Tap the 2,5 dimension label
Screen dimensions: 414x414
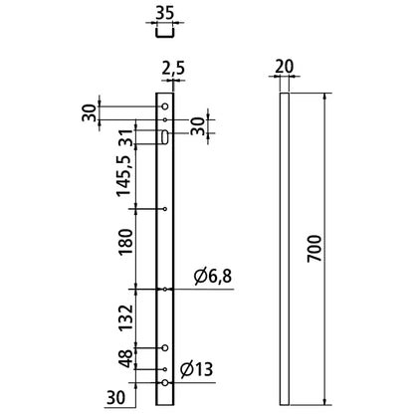[x=171, y=70]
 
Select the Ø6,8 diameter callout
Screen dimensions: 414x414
[x=210, y=276]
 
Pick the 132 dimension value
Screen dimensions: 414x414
[x=123, y=317]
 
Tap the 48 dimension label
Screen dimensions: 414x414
[x=123, y=360]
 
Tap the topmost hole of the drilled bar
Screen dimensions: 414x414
[x=165, y=103]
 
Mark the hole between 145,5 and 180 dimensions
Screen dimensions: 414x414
[x=165, y=209]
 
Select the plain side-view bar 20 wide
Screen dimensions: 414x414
[x=285, y=249]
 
